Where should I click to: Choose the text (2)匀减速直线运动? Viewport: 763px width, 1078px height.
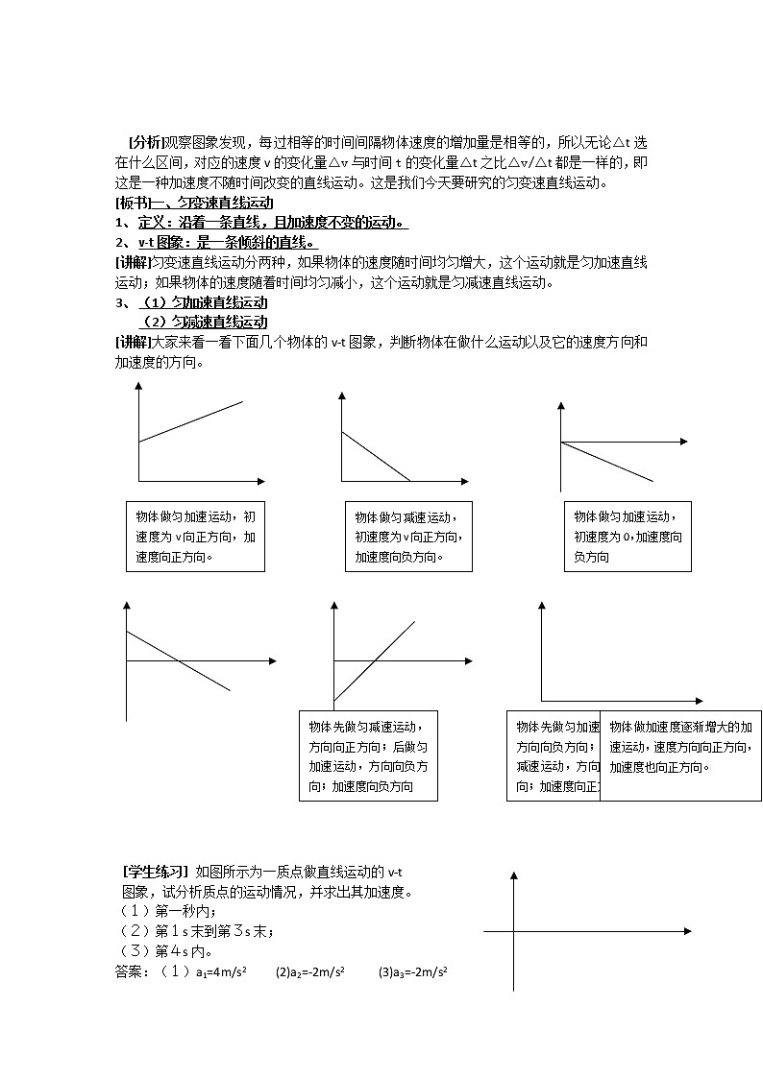click(x=204, y=322)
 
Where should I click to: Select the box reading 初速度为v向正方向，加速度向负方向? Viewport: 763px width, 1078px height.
click(x=408, y=537)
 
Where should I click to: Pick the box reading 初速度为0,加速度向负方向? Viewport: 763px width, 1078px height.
click(x=627, y=537)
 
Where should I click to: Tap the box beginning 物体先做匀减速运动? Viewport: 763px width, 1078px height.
click(x=368, y=755)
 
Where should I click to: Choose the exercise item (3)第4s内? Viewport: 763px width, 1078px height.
click(x=163, y=951)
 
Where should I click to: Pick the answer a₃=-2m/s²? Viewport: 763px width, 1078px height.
click(x=413, y=972)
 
